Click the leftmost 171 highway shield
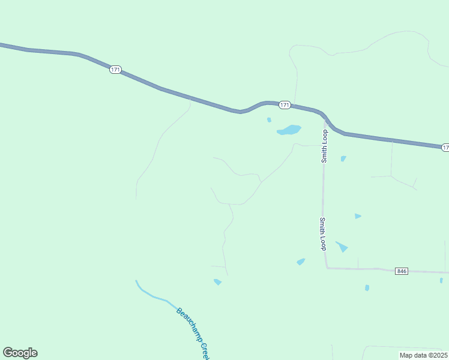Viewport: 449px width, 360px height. pyautogui.click(x=116, y=70)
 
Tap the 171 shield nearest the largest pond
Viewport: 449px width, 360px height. pyautogui.click(x=285, y=105)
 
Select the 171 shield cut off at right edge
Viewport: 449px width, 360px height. pyautogui.click(x=445, y=147)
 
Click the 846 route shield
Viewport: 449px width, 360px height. pyautogui.click(x=402, y=271)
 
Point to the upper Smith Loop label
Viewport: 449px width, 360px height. pyautogui.click(x=324, y=146)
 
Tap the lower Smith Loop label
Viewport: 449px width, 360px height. pyautogui.click(x=323, y=234)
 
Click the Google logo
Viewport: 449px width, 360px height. pyautogui.click(x=20, y=353)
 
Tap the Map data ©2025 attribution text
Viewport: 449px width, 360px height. pyautogui.click(x=423, y=355)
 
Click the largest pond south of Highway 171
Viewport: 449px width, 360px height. pyautogui.click(x=289, y=130)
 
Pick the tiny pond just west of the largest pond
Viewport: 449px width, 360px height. pyautogui.click(x=269, y=120)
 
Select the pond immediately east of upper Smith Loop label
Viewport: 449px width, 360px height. pyautogui.click(x=343, y=158)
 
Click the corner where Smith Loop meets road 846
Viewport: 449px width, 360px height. pyautogui.click(x=327, y=268)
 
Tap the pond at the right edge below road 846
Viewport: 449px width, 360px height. pyautogui.click(x=441, y=280)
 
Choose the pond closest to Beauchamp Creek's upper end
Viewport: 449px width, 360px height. pyautogui.click(x=217, y=281)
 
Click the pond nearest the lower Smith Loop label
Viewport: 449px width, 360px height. pyautogui.click(x=342, y=246)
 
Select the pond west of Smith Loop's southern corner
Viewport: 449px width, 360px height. pyautogui.click(x=301, y=261)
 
